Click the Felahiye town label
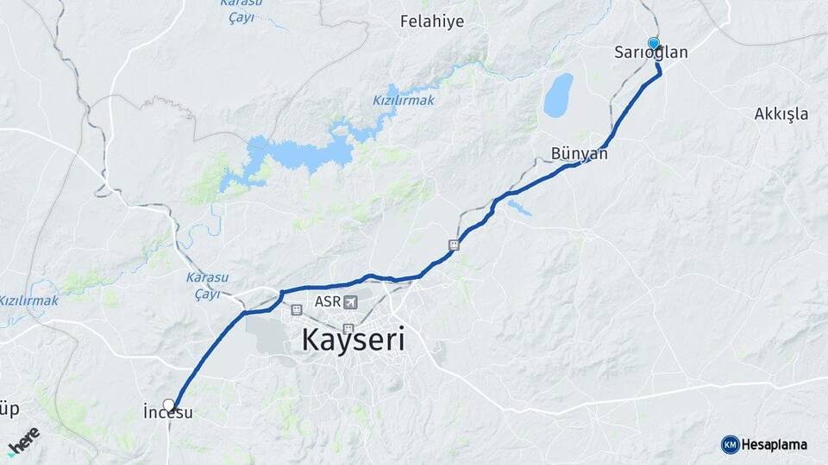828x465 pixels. click(432, 22)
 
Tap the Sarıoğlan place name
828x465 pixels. click(651, 53)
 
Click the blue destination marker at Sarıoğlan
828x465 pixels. click(654, 42)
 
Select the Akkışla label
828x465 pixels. click(781, 114)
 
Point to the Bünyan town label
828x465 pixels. click(580, 154)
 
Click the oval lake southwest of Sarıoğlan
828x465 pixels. click(558, 95)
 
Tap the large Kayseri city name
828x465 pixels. click(353, 340)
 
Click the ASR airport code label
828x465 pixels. click(328, 302)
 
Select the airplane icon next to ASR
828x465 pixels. click(350, 302)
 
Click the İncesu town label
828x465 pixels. click(167, 413)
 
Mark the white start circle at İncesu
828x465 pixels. click(169, 404)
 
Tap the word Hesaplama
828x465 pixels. click(775, 445)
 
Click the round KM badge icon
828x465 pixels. click(731, 445)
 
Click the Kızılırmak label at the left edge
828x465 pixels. click(28, 301)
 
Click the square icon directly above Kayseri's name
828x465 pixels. click(348, 327)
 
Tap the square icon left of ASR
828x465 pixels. click(297, 309)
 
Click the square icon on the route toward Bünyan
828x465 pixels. click(454, 245)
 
